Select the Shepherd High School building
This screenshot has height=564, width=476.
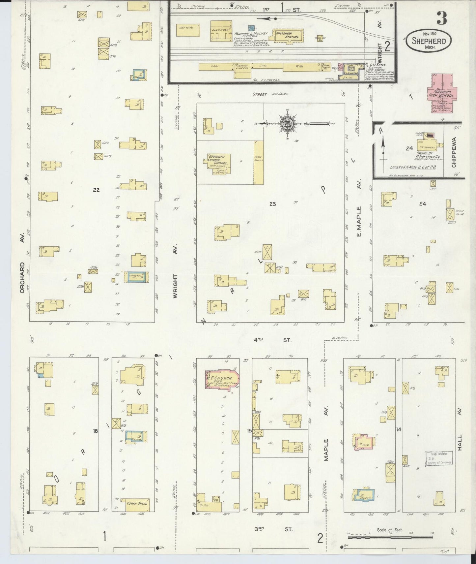pos(442,93)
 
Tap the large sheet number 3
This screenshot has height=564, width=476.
pos(442,19)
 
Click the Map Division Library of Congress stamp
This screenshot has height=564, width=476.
pos(439,458)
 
